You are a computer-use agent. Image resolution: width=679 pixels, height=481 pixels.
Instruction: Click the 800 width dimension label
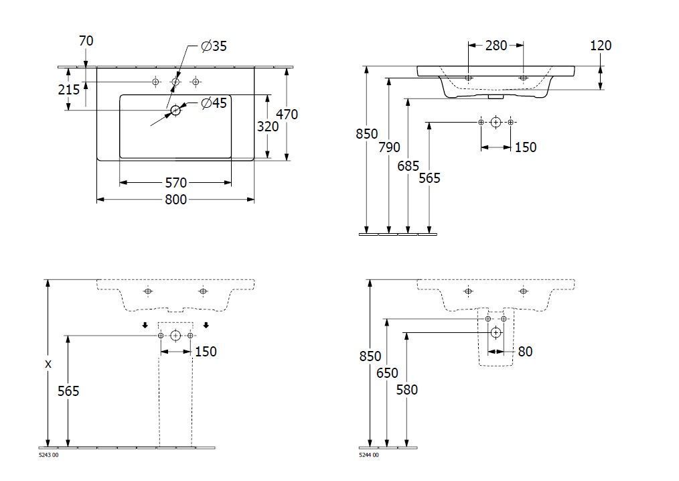pyautogui.click(x=176, y=200)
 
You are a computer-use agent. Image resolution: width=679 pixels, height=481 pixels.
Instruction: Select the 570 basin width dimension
pyautogui.click(x=176, y=182)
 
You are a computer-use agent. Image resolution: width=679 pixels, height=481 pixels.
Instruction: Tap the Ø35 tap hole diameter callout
pyautogui.click(x=214, y=46)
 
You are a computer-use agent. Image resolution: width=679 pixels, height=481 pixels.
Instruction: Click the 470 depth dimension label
pyautogui.click(x=287, y=114)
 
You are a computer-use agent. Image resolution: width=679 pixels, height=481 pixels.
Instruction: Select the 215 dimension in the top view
pyautogui.click(x=69, y=89)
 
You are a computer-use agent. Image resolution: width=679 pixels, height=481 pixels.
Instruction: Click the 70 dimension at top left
pyautogui.click(x=86, y=41)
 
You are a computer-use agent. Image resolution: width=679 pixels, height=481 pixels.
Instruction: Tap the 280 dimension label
pyautogui.click(x=496, y=46)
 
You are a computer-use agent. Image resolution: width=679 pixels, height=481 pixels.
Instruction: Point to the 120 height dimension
pyautogui.click(x=601, y=46)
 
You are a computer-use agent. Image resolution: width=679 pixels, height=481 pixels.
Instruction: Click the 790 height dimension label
pyautogui.click(x=388, y=147)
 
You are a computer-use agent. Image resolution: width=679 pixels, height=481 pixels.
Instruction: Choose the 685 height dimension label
pyautogui.click(x=408, y=165)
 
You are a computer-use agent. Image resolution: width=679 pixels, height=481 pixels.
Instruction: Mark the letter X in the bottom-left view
pyautogui.click(x=48, y=364)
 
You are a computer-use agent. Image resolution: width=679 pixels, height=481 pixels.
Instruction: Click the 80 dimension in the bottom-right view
pyautogui.click(x=525, y=351)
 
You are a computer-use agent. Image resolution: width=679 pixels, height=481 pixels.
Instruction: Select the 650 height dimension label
pyautogui.click(x=386, y=372)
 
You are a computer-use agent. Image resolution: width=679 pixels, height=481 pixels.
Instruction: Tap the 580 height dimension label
pyautogui.click(x=406, y=389)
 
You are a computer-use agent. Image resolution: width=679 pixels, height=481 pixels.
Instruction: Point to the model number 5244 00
pyautogui.click(x=369, y=456)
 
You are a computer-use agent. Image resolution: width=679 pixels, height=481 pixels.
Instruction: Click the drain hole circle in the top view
pyautogui.click(x=175, y=110)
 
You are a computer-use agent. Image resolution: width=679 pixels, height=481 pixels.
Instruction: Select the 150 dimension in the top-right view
pyautogui.click(x=525, y=147)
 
